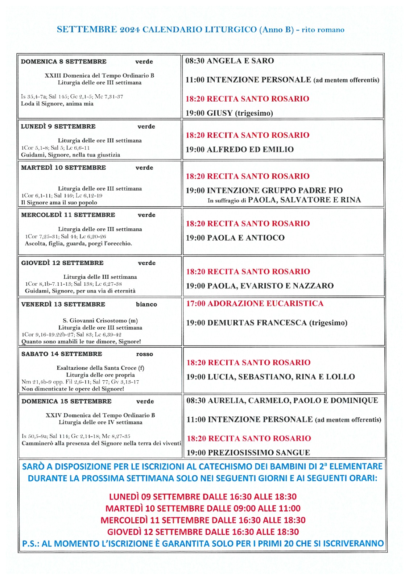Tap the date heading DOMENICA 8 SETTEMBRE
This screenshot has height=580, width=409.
pyautogui.click(x=63, y=62)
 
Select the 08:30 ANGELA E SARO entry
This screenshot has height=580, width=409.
pyautogui.click(x=230, y=61)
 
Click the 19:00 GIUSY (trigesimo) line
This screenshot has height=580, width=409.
pyautogui.click(x=229, y=113)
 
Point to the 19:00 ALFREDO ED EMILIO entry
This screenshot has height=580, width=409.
pyautogui.click(x=240, y=149)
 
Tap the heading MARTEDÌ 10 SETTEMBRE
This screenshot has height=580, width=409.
pyautogui.click(x=63, y=168)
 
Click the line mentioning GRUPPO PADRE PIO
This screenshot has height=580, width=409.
pyautogui.click(x=264, y=190)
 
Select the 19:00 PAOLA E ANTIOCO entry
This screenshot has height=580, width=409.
pyautogui.click(x=235, y=238)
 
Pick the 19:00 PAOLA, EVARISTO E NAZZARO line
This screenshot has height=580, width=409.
pyautogui.click(x=260, y=286)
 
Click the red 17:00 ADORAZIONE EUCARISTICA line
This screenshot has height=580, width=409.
pyautogui.click(x=255, y=304)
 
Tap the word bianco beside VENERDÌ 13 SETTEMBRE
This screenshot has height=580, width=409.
pyautogui.click(x=146, y=304)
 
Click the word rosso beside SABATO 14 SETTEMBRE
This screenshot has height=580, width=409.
pyautogui.click(x=145, y=354)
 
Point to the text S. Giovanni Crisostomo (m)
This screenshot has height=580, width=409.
pyautogui.click(x=100, y=320)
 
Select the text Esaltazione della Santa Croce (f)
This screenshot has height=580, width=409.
pyautogui.click(x=100, y=368)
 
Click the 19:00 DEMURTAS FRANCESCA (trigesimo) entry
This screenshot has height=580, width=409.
pyautogui.click(x=267, y=323)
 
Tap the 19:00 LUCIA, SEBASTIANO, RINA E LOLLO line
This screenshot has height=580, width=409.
pyautogui.click(x=270, y=377)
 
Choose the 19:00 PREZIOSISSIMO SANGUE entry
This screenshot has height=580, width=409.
pyautogui.click(x=248, y=453)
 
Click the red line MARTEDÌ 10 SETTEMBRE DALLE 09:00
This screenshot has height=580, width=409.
pyautogui.click(x=203, y=509)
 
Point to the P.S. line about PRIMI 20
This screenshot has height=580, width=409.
pyautogui.click(x=203, y=544)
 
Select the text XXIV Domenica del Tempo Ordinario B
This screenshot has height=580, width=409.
pyautogui.click(x=100, y=415)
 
